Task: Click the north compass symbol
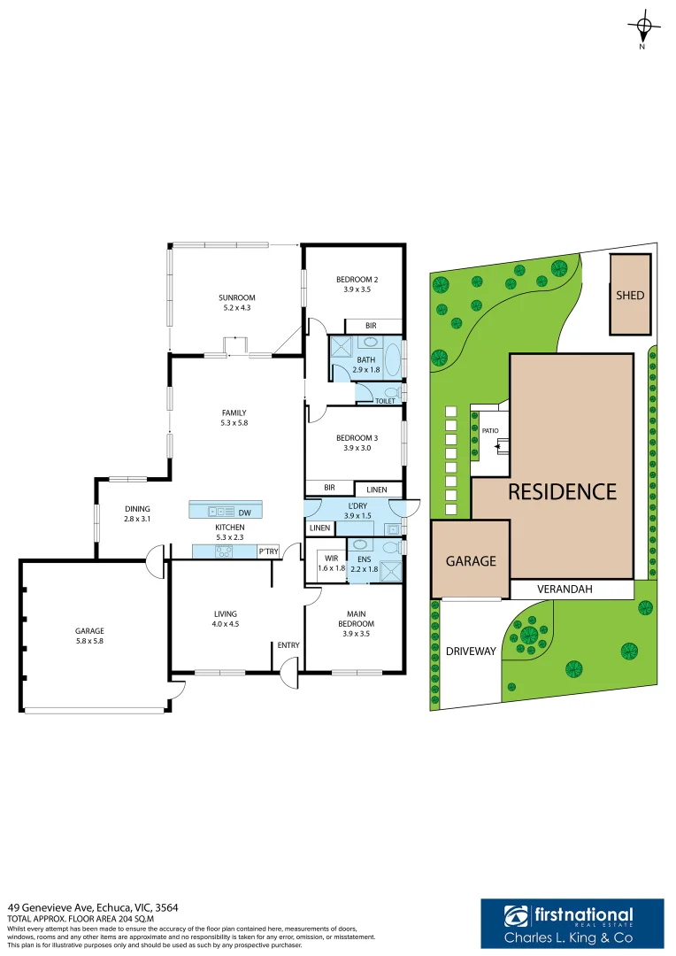(x=643, y=28)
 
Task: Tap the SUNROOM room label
(x=236, y=297)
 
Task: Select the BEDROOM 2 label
(x=357, y=279)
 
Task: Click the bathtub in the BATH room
(x=394, y=359)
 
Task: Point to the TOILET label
(x=385, y=401)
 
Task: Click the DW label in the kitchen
(x=244, y=513)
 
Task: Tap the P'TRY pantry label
(x=268, y=551)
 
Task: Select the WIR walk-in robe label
(x=332, y=558)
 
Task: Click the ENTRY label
(x=288, y=645)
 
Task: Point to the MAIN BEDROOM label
(x=356, y=619)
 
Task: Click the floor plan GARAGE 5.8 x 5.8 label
(x=89, y=636)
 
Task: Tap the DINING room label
(x=137, y=508)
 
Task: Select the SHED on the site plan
(x=630, y=295)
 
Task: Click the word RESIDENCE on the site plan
(x=562, y=492)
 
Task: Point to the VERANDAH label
(x=565, y=589)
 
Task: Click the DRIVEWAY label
(x=471, y=651)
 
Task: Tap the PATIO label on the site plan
(x=490, y=430)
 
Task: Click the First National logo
(x=572, y=923)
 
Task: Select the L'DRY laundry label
(x=357, y=505)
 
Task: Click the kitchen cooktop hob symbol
(x=224, y=551)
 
